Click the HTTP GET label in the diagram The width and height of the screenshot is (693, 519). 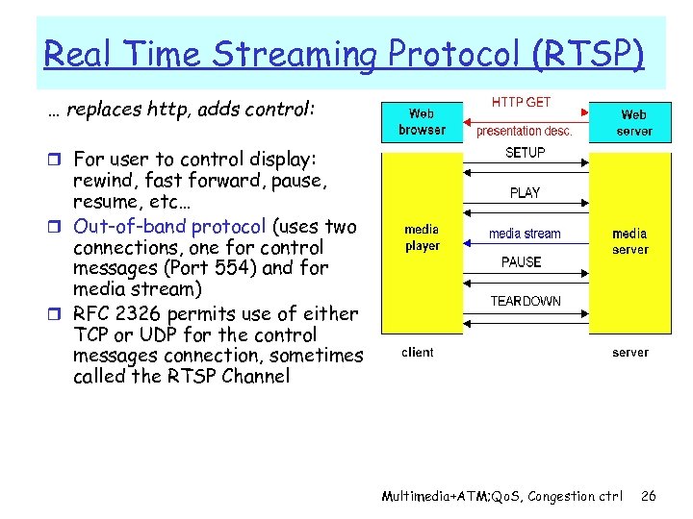click(x=521, y=101)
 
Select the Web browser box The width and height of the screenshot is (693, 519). click(x=422, y=122)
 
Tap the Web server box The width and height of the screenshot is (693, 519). click(x=633, y=122)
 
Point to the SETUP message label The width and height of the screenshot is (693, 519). click(x=525, y=153)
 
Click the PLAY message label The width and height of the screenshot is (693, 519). click(x=525, y=192)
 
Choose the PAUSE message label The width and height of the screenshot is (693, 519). click(x=522, y=261)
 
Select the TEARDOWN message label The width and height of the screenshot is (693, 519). click(x=525, y=301)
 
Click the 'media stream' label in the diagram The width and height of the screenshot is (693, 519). click(x=525, y=234)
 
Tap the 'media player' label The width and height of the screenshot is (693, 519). click(x=422, y=237)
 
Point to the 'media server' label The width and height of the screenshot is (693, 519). click(x=629, y=241)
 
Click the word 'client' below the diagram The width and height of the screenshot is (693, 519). click(x=418, y=352)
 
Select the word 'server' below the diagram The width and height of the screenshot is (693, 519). click(x=630, y=353)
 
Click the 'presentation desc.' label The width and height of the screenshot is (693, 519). click(x=524, y=131)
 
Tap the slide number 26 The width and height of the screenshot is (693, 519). click(x=648, y=496)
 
